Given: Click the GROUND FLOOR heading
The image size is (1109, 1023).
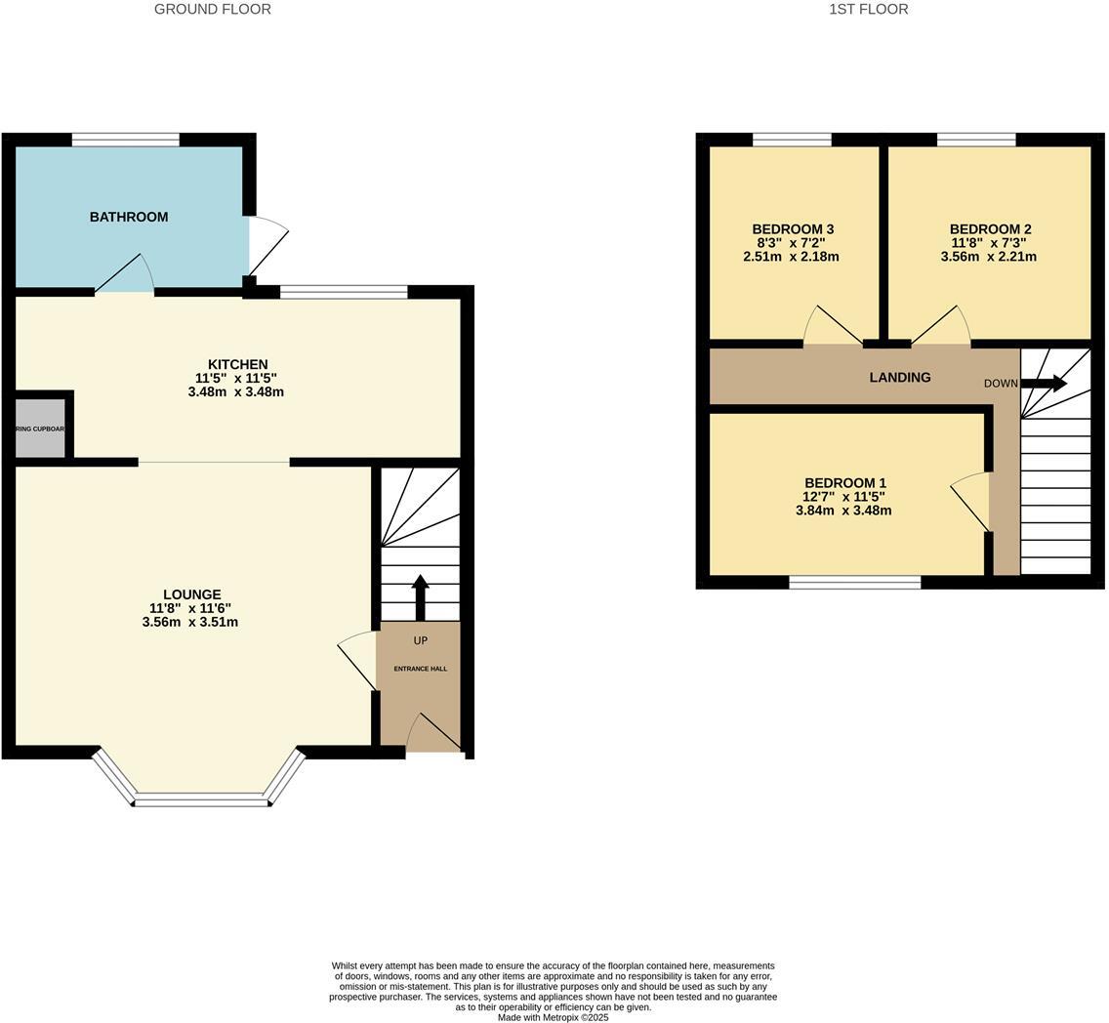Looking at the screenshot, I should click(212, 9).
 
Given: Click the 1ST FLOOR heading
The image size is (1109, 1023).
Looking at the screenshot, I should click(868, 9).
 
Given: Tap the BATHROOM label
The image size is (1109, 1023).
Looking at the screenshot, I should click(129, 217).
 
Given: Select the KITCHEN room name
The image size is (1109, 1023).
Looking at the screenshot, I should click(237, 364).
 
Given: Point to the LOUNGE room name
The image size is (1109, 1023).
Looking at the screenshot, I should click(191, 594).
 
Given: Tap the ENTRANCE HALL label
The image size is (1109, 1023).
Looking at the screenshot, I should click(420, 669).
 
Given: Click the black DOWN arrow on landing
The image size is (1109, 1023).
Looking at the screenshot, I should click(1044, 384).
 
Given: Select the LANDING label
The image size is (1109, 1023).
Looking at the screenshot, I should click(899, 377).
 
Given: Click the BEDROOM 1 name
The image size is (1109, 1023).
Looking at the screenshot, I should click(844, 483).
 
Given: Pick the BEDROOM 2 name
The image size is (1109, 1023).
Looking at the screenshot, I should click(990, 229).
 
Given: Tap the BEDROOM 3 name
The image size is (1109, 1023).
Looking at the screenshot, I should click(793, 229).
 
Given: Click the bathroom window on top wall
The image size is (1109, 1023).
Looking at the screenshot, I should click(126, 140).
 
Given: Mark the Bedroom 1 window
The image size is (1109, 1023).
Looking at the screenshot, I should click(854, 583).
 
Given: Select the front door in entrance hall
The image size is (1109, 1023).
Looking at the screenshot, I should click(433, 733).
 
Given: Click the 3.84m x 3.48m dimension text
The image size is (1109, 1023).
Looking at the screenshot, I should click(843, 511).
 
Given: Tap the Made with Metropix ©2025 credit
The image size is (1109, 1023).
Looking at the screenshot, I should click(553, 1017).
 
